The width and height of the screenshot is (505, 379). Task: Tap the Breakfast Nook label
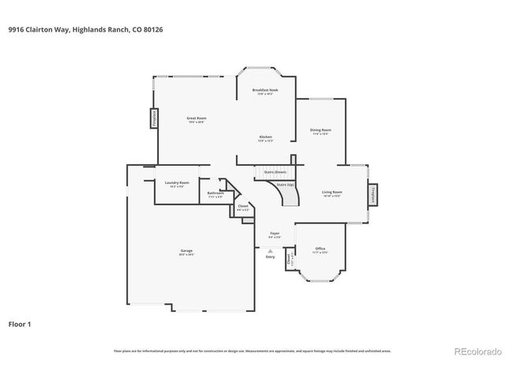(265, 91)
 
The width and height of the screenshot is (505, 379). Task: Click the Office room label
(320, 250)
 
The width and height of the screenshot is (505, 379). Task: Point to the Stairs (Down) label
(275, 171)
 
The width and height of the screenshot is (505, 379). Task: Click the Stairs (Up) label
(285, 185)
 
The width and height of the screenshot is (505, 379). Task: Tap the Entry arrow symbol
(270, 251)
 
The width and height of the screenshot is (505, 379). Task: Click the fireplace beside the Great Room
(154, 118)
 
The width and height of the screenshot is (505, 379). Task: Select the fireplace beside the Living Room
(373, 194)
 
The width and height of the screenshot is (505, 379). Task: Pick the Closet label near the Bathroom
(243, 208)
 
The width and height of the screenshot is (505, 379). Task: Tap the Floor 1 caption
(20, 324)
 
